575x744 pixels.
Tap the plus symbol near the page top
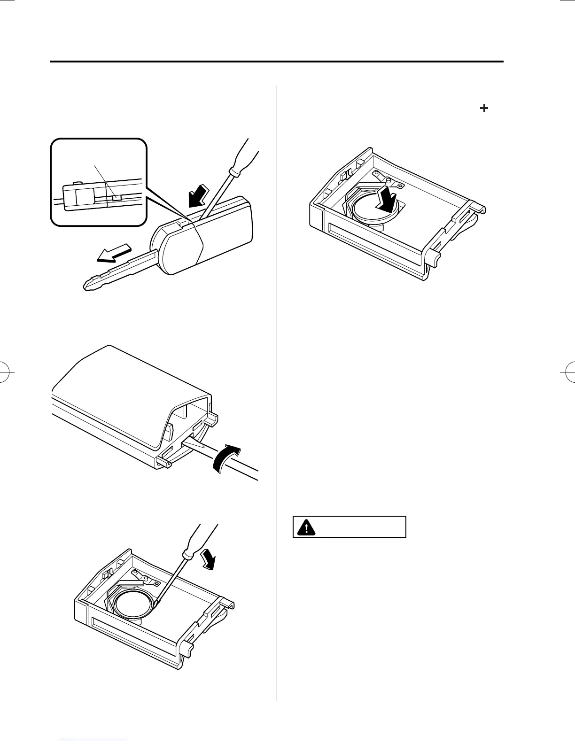(483, 108)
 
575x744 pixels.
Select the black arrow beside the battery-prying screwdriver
(209, 559)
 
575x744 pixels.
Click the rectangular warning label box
(349, 527)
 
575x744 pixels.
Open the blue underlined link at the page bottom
(94, 741)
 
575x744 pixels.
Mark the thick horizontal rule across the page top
(277, 62)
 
